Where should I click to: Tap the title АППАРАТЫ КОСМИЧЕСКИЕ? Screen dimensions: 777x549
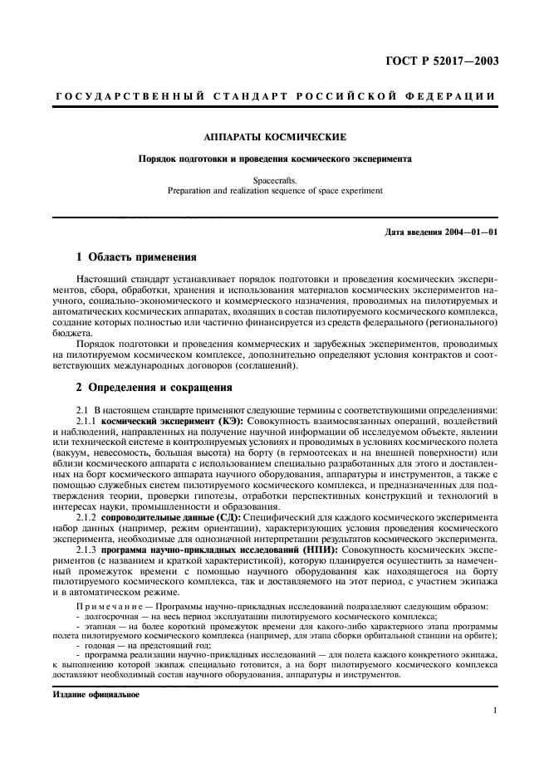(x=274, y=135)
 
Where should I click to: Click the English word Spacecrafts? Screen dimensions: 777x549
(x=274, y=178)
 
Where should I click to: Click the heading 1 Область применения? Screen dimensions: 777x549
(x=136, y=258)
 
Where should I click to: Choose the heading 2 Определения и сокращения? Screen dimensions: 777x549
(x=156, y=388)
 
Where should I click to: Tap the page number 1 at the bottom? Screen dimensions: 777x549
(x=494, y=711)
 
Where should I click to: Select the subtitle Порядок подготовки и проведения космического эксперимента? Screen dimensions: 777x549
(x=274, y=158)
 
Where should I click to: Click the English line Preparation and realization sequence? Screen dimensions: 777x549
(x=274, y=189)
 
